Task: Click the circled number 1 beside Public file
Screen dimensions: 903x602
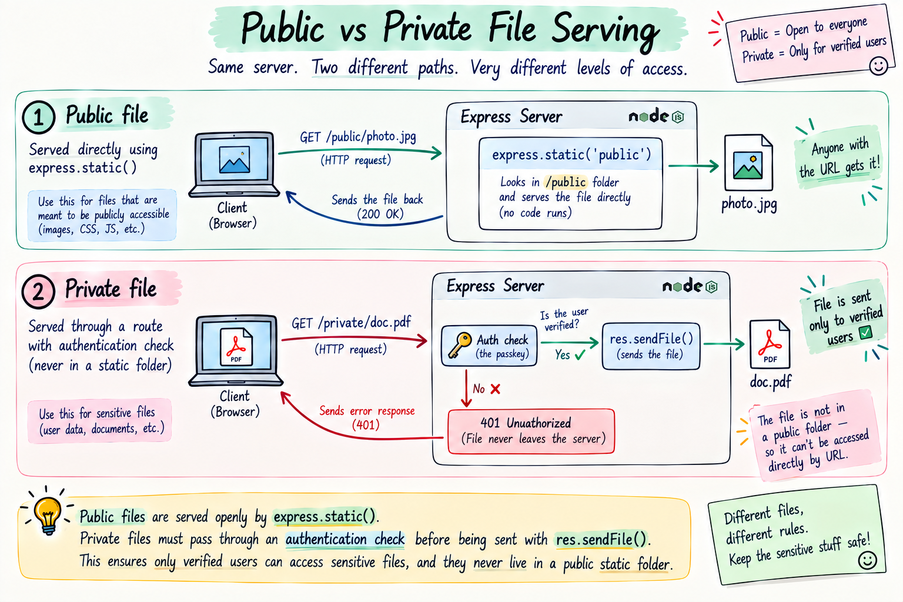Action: click(38, 117)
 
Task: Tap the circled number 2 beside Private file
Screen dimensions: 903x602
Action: click(38, 291)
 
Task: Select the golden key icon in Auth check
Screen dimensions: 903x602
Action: click(460, 345)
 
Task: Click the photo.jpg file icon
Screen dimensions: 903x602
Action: click(748, 162)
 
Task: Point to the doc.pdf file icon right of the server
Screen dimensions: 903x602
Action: click(770, 344)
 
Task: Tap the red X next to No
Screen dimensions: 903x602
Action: click(496, 389)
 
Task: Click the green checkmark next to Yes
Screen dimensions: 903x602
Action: click(580, 355)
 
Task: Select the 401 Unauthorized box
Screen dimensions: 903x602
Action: click(531, 431)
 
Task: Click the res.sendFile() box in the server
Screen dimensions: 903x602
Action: click(651, 346)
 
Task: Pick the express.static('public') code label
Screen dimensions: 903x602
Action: click(571, 155)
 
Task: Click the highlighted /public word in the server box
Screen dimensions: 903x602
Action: click(565, 182)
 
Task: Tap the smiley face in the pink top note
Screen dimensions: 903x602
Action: click(878, 65)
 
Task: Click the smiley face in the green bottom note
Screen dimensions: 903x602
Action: click(867, 560)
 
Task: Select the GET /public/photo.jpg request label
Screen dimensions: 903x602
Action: click(358, 137)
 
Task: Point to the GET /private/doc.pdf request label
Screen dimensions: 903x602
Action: click(351, 323)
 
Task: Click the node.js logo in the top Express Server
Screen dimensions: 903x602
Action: click(656, 116)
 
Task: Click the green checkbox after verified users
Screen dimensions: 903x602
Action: click(865, 333)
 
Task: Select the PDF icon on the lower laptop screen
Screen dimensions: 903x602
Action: click(236, 346)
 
